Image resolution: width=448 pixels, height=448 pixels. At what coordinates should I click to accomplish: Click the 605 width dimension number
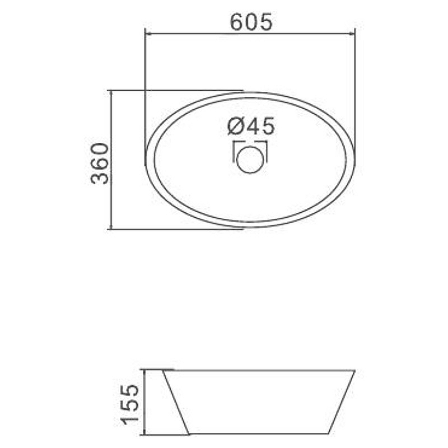tap(251, 22)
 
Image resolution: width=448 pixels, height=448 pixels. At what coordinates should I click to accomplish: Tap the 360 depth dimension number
tap(100, 164)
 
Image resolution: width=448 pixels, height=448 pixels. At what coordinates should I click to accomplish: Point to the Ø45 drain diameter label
tap(251, 126)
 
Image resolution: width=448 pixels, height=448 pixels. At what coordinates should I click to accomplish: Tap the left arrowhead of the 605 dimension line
tap(149, 34)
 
